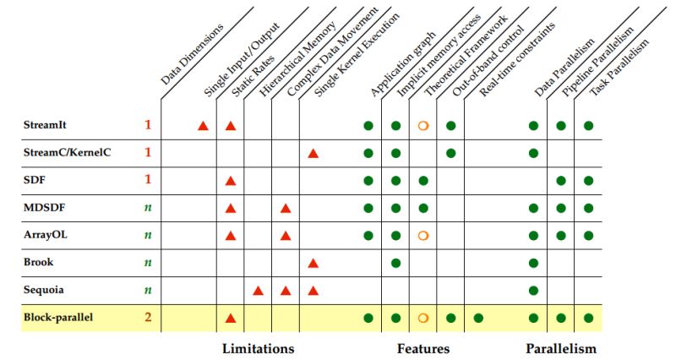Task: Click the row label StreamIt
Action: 45,125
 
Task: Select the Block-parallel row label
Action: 57,318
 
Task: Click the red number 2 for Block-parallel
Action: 147,318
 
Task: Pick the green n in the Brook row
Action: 147,263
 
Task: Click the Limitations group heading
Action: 258,348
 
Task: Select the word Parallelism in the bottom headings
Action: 561,348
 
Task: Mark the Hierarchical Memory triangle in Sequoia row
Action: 259,291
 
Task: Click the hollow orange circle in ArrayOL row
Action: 423,236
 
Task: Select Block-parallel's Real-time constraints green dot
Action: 478,319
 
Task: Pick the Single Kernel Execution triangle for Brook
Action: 313,264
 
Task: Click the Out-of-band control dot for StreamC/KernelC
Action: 451,153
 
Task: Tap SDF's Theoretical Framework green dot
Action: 423,181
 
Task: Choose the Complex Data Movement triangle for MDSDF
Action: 286,208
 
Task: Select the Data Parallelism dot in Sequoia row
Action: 533,291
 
